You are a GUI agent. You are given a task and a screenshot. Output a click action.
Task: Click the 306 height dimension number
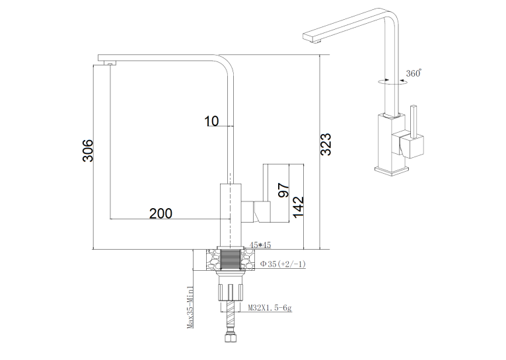click(88, 151)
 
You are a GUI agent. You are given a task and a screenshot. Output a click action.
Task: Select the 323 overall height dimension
click(326, 144)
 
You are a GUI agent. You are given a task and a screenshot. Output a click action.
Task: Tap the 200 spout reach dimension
click(161, 213)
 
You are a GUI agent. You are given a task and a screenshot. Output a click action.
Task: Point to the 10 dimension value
click(211, 122)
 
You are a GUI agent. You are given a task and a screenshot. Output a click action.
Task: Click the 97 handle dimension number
click(283, 190)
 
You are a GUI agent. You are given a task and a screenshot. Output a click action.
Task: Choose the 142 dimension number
click(298, 207)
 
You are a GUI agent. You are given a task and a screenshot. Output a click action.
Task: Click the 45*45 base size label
click(260, 245)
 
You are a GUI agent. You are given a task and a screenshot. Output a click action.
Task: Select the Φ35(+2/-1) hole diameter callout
click(283, 264)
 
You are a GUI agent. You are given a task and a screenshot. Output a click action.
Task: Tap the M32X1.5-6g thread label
click(270, 308)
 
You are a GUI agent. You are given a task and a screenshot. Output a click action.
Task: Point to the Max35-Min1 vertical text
click(190, 306)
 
